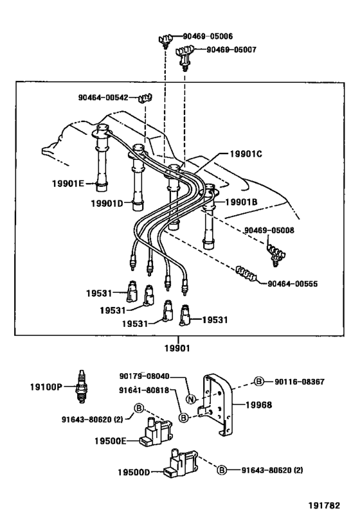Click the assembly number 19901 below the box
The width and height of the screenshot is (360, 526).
point(179,347)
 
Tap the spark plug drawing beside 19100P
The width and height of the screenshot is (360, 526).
point(81,387)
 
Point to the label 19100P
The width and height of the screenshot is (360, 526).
point(46,387)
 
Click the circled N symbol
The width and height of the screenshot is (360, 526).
point(190,399)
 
